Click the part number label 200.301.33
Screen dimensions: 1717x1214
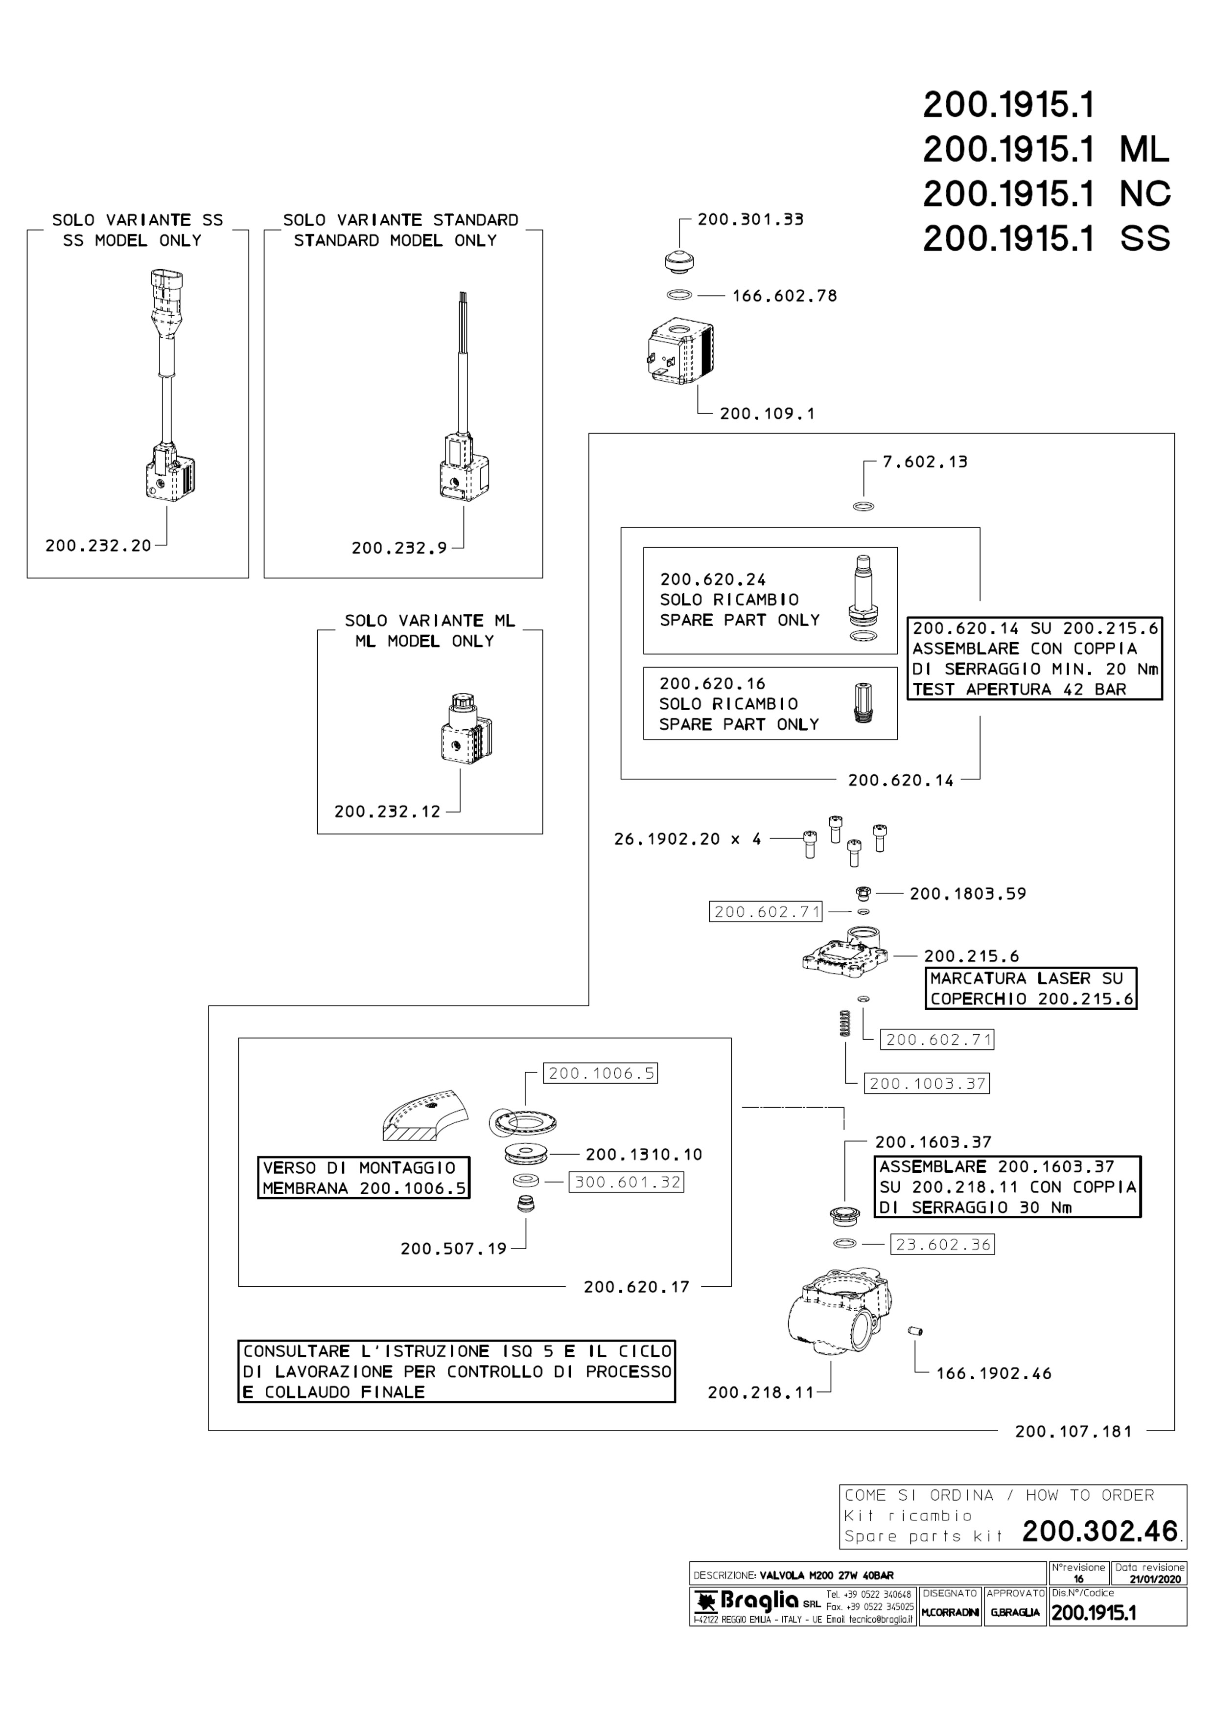point(750,220)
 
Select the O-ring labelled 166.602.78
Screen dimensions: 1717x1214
point(678,296)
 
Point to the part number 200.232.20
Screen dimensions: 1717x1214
point(98,546)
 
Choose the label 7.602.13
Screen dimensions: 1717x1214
point(925,462)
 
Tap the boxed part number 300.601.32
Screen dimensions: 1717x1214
point(627,1183)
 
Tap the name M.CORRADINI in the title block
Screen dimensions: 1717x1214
point(950,1612)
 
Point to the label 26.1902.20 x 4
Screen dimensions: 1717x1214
point(687,839)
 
